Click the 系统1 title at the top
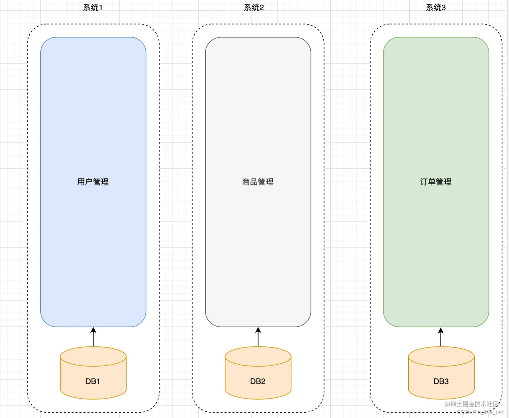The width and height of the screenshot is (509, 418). click(93, 7)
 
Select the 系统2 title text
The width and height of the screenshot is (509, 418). click(254, 7)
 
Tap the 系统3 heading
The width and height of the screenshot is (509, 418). click(436, 7)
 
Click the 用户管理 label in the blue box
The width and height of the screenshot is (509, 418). click(93, 182)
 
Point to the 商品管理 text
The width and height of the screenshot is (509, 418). click(258, 182)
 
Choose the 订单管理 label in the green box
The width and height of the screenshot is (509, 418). click(436, 182)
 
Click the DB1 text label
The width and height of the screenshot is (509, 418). click(93, 381)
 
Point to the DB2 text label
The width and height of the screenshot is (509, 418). click(258, 381)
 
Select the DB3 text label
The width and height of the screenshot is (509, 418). click(441, 381)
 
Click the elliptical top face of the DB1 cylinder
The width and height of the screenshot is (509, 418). click(93, 357)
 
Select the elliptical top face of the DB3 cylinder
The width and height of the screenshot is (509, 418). click(441, 357)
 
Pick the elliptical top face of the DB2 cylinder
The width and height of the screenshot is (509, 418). click(258, 357)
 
